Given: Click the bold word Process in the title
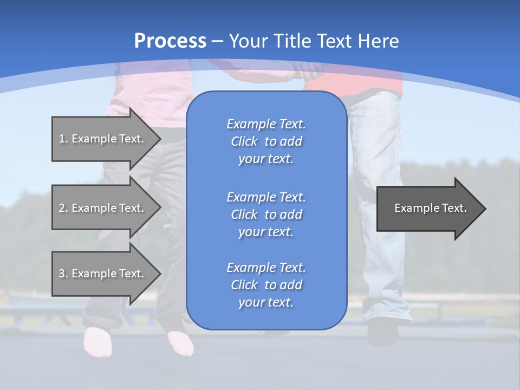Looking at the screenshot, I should point(170,41).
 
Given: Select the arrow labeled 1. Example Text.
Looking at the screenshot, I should point(103,139).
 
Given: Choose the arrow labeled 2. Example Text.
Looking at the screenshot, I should point(103,208).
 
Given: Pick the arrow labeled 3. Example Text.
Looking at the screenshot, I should point(103,274).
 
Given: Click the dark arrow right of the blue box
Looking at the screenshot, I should point(428,209).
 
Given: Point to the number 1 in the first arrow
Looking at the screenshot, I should point(62,139).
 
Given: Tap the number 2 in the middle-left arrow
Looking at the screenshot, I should point(62,208).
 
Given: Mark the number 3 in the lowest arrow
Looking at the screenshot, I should point(62,274).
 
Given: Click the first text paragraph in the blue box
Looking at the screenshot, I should point(266,141).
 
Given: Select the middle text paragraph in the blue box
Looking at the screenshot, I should point(266,214).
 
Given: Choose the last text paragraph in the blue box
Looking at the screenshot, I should point(266,285).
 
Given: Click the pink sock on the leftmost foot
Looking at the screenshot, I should point(97,341).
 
